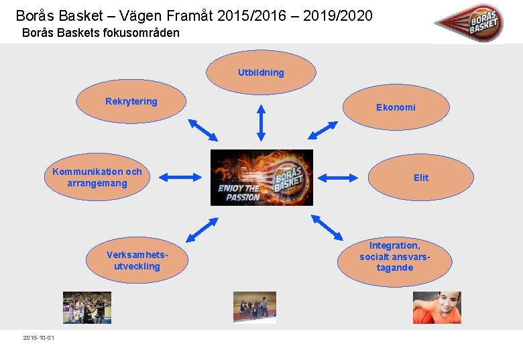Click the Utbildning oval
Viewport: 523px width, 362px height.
tap(261, 72)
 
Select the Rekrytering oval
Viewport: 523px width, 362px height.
tap(131, 102)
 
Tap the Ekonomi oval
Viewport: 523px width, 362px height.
tap(396, 107)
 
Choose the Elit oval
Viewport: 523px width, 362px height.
tap(421, 178)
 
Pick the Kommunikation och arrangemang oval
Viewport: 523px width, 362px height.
tap(97, 178)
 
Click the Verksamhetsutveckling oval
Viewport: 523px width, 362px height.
tap(137, 261)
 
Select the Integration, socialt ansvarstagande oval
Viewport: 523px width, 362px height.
tap(394, 257)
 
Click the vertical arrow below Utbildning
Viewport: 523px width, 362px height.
tap(261, 122)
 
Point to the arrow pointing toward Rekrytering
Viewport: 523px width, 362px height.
tap(203, 129)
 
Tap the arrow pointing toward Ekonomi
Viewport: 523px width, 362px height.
tap(327, 130)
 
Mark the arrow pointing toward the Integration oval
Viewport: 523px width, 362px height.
tap(327, 227)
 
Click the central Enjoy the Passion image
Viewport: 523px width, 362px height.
tap(261, 178)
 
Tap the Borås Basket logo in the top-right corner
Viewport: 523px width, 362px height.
tap(477, 22)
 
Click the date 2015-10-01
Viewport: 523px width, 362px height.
tap(39, 337)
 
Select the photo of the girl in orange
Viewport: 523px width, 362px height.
tap(437, 308)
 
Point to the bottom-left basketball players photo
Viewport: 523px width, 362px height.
tap(87, 308)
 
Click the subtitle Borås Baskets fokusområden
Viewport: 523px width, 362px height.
tap(101, 32)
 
